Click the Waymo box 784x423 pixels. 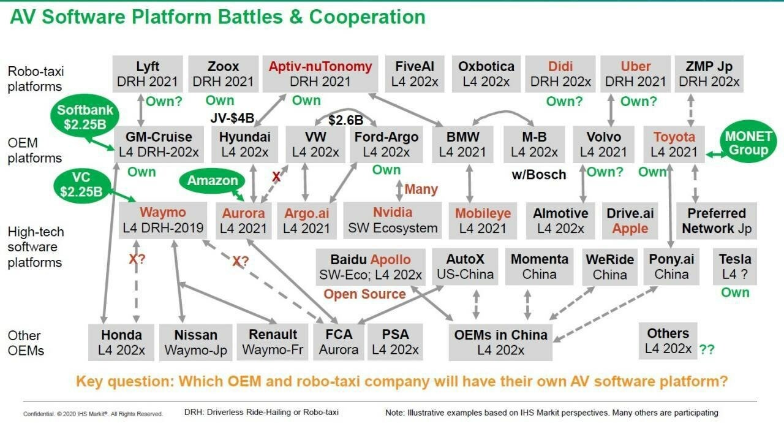coord(163,221)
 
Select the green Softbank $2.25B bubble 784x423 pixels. coord(85,117)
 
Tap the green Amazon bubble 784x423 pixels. coord(213,181)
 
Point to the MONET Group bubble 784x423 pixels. coord(748,143)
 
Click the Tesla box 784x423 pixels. coord(735,267)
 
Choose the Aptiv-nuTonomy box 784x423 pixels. coord(320,74)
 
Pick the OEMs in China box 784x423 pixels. coord(500,342)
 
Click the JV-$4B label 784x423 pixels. coord(232,118)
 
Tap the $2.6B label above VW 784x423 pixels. coord(346,120)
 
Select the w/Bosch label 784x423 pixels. coord(539,174)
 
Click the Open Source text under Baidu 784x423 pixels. coord(364,294)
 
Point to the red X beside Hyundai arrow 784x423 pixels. coord(276,177)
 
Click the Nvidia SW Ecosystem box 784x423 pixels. coord(393,220)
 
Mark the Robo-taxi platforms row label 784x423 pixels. coord(36,79)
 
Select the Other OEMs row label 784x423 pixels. coord(26,343)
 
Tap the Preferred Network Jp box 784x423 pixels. coord(717,221)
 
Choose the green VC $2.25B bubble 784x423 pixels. coord(81,185)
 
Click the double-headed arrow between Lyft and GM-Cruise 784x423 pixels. coord(141,110)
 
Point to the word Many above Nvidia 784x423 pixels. coord(421,189)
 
